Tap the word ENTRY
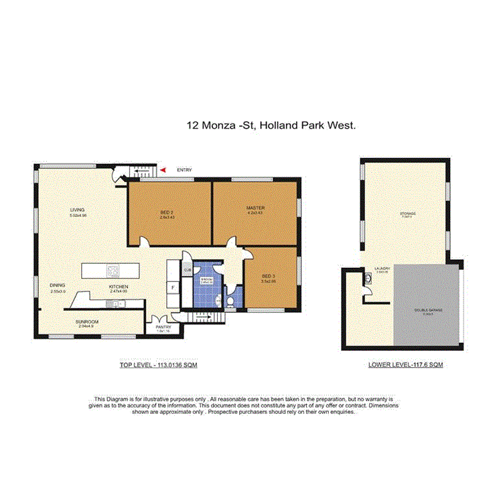[x=184, y=170]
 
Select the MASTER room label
[x=255, y=208]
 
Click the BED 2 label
[x=167, y=214]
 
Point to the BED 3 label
[x=268, y=277]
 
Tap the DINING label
[x=58, y=285]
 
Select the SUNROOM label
[x=87, y=322]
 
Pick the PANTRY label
[x=164, y=327]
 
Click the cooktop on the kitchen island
[x=113, y=271]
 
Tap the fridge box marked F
[x=174, y=288]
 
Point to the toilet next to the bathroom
[x=230, y=302]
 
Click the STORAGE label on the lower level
[x=409, y=213]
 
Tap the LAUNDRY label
[x=382, y=269]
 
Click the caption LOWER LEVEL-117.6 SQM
[x=405, y=365]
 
